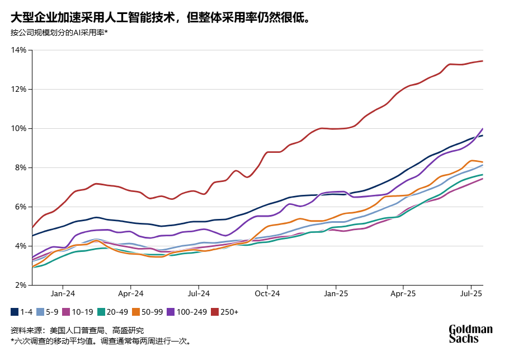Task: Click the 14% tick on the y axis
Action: point(18,50)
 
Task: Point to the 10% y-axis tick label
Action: point(18,129)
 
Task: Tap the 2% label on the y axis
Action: point(21,286)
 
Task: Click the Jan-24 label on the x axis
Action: point(63,293)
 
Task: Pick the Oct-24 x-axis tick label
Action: point(267,293)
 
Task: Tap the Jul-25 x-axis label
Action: point(471,293)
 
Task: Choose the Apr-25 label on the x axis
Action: point(403,293)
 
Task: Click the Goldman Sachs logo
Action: point(470,334)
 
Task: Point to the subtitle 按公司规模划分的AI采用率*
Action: point(59,32)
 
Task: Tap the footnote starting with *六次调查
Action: point(101,340)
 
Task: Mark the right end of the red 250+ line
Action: point(482,61)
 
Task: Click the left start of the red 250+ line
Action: point(32,227)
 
